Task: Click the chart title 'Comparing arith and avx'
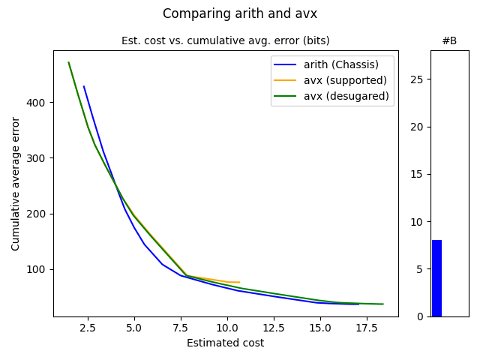coord(240,13)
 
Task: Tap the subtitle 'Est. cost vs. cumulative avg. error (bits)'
coord(226,40)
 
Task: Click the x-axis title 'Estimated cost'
coord(225,343)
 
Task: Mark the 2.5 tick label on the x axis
coord(88,328)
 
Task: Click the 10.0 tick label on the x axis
coord(227,328)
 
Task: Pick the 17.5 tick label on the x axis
coord(367,328)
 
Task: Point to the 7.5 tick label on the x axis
coord(181,328)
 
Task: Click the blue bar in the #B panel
coord(436,278)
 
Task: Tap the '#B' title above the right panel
coord(449,40)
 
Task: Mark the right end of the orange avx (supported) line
coord(239,282)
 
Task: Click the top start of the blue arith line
coord(84,86)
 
